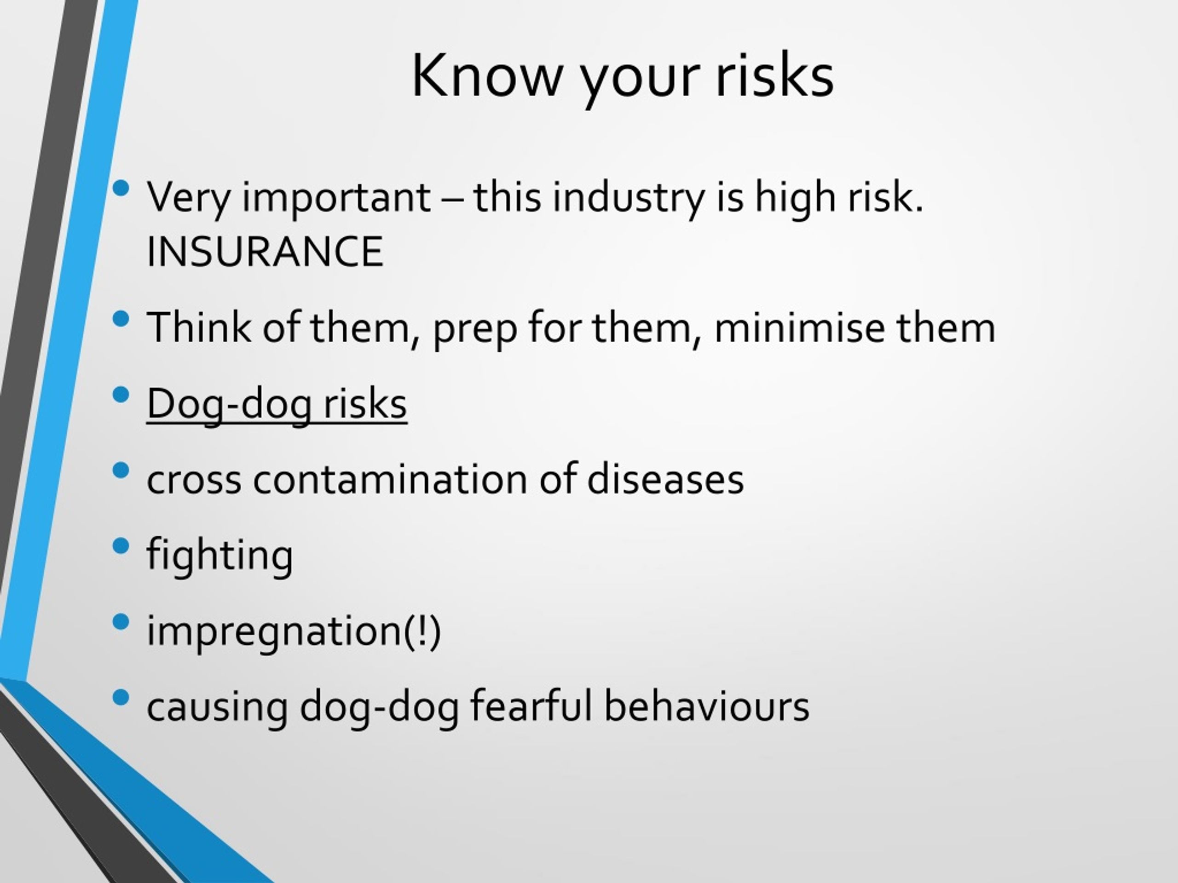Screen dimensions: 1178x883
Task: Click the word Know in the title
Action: [x=487, y=75]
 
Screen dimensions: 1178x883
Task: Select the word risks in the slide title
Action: [x=775, y=75]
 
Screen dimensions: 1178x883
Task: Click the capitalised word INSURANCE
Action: [x=265, y=251]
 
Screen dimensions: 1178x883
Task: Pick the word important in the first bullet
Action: [x=336, y=198]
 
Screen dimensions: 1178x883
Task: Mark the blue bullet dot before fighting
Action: [x=121, y=545]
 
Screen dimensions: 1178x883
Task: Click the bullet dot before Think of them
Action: [x=121, y=318]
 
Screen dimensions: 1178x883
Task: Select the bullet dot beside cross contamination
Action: [x=121, y=470]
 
